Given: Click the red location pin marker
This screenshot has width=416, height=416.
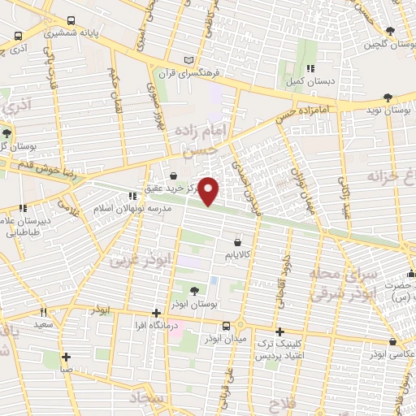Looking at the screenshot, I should point(209,191).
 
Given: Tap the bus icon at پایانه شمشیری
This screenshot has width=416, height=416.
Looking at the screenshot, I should point(71,20).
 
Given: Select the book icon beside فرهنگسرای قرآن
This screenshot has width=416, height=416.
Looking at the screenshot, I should point(189,60).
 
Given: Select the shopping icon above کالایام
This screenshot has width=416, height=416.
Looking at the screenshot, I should point(236,241).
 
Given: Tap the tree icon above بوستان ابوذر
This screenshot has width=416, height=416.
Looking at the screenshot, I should point(193,290).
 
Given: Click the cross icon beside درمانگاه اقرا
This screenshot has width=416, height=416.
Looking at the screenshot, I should point(156,313).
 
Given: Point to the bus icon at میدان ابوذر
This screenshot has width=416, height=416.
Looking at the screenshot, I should point(237,325).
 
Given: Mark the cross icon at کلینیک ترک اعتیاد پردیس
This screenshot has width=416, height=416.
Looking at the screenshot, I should point(279,331).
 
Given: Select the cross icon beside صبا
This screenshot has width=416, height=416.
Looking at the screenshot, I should point(67,356).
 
